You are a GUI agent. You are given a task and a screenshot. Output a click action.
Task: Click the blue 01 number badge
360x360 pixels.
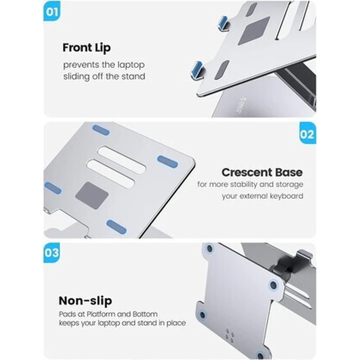(52, 12)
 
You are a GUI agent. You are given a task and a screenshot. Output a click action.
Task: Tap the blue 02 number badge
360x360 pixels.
(308, 134)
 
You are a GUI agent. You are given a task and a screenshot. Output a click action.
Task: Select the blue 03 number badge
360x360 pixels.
(52, 253)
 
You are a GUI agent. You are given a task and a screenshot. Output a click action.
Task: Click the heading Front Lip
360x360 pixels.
(86, 48)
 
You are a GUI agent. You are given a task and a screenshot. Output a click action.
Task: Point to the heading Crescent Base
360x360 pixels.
(262, 172)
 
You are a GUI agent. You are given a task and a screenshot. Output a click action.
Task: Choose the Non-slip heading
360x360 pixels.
(85, 301)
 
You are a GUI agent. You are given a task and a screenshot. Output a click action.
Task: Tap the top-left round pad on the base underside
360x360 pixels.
(209, 249)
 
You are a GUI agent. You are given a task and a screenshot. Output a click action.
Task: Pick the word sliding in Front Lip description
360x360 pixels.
(75, 76)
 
